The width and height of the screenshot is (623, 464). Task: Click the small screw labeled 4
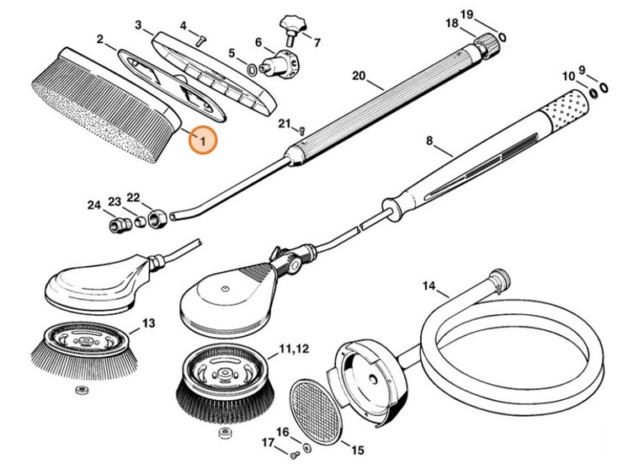click(x=200, y=36)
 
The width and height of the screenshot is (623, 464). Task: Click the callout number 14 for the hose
click(x=429, y=286)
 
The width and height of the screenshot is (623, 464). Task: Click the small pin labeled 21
click(x=302, y=130)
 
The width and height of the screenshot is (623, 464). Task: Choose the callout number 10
click(x=569, y=77)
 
